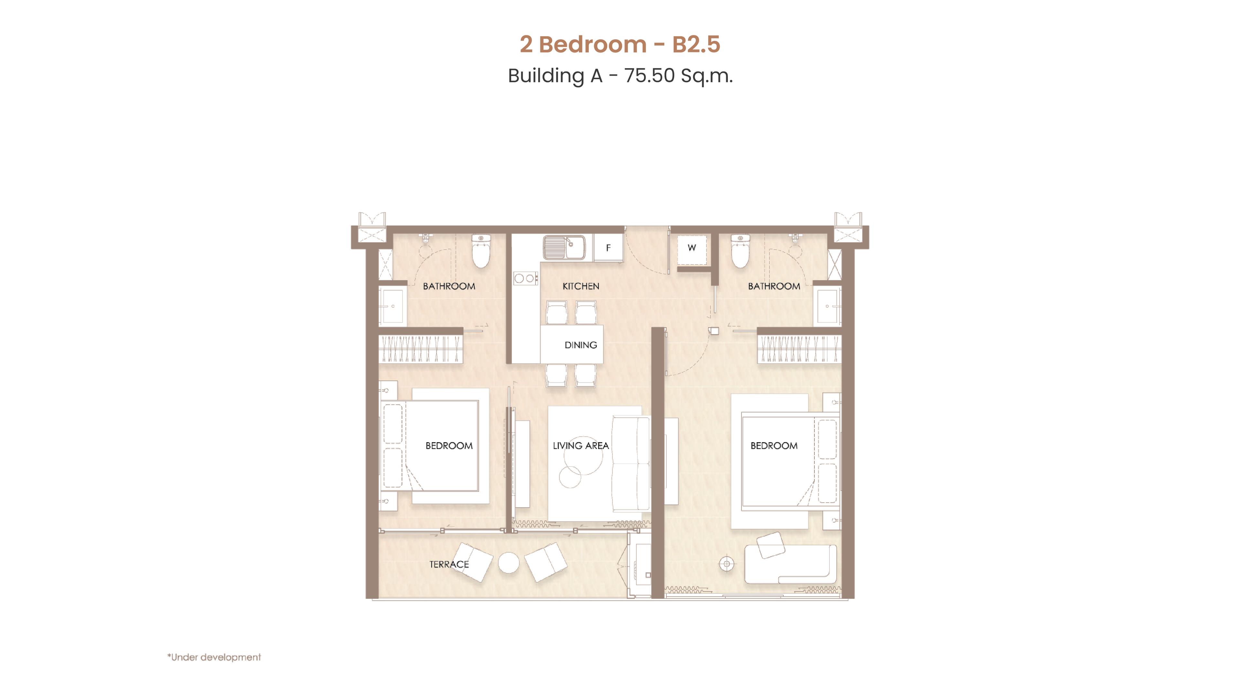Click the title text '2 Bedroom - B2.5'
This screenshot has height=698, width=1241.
coord(620,44)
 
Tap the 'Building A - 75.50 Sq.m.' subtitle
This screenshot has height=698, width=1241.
coord(620,76)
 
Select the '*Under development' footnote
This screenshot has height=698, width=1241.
coord(214,657)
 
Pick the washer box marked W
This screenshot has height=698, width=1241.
coord(692,248)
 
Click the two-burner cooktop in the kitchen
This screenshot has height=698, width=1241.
coord(525,278)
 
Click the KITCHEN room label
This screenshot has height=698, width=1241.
coord(581,286)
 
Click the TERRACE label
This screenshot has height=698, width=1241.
coord(449,564)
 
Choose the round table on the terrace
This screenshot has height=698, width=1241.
coord(509,562)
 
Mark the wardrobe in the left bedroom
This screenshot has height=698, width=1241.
coord(420,348)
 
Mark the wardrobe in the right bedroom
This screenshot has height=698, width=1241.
coord(799,348)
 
